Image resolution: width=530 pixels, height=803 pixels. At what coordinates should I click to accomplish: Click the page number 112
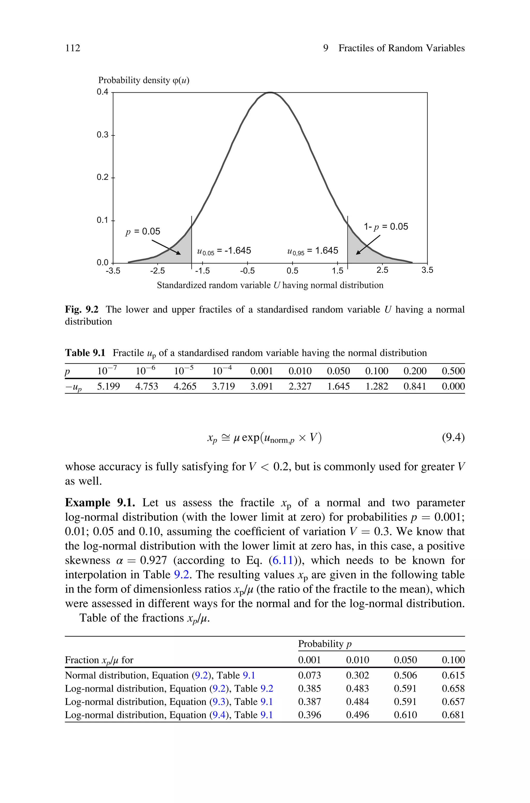pos(73,48)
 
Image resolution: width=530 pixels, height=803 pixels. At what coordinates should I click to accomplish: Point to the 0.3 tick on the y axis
pos(102,135)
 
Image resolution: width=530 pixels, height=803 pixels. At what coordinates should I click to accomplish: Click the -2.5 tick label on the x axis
pos(158,271)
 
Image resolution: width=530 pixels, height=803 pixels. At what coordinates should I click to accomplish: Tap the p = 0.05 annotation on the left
pos(143,232)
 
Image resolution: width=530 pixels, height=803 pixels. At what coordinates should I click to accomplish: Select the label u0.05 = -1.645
pos(224,251)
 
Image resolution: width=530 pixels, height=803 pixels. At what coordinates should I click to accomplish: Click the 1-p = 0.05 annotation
pos(386,227)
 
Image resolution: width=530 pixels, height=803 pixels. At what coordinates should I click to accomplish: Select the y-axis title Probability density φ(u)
pos(144,80)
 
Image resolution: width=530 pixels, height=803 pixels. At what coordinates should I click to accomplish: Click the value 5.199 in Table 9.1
pos(108,386)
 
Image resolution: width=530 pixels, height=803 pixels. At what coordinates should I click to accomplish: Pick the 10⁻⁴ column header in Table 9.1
pos(222,371)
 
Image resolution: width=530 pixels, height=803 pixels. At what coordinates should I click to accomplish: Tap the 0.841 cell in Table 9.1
pos(415,386)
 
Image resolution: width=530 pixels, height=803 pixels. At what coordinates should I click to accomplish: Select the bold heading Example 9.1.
pos(100,503)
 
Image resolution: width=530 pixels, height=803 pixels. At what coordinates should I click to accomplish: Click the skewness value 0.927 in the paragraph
pos(153,560)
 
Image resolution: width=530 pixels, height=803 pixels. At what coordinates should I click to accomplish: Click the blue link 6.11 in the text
pos(283,560)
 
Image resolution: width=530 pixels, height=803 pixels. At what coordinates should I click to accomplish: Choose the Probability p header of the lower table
pos(325,644)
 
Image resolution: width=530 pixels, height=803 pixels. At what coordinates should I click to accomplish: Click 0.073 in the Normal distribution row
pos(309,675)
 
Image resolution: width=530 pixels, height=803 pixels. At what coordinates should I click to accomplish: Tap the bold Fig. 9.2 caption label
pos(82,310)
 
